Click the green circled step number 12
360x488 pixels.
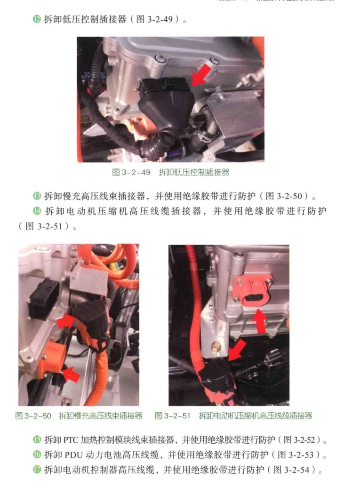(x=37, y=19)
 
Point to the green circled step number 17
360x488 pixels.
(x=37, y=469)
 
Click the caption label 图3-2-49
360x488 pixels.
(x=131, y=173)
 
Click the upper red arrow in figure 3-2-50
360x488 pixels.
(x=66, y=322)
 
